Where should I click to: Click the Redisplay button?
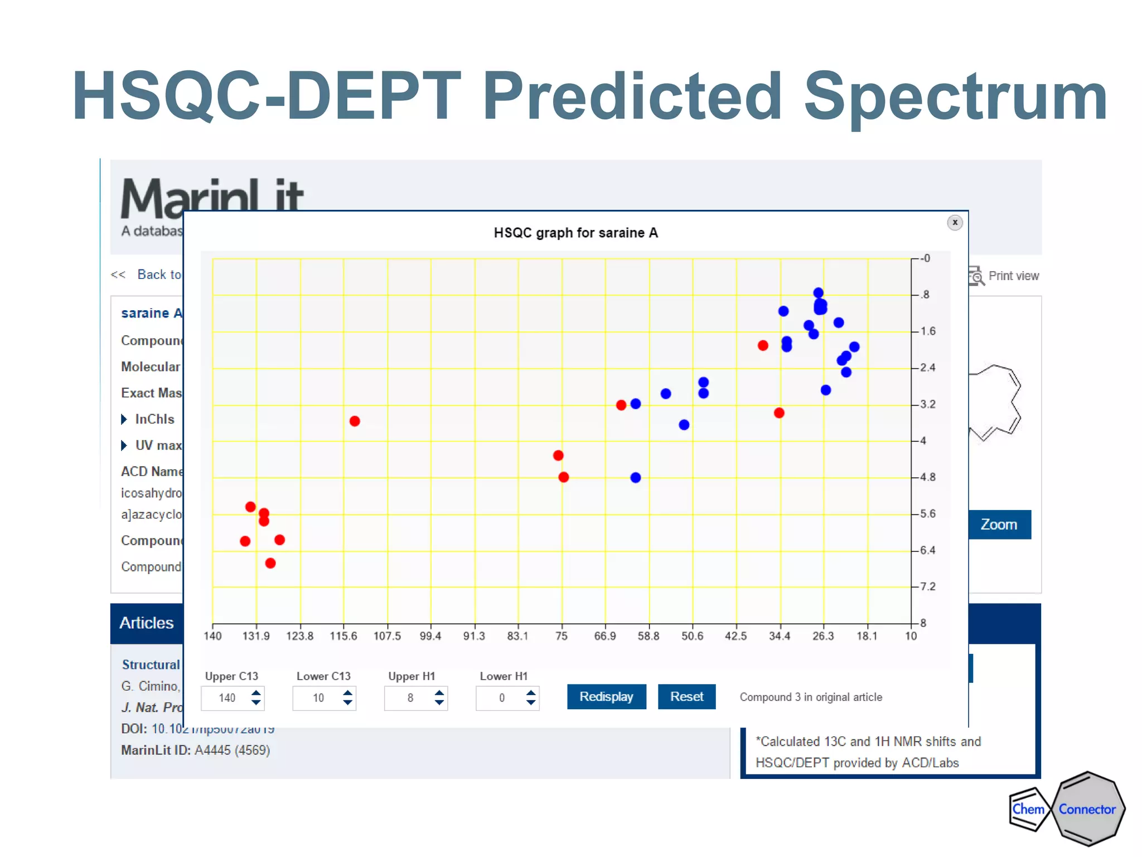point(606,696)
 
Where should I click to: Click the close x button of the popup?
point(955,223)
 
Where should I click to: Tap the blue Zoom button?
point(999,524)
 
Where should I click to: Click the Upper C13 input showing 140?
point(226,698)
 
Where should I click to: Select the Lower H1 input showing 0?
point(501,698)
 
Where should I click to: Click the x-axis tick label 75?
point(562,636)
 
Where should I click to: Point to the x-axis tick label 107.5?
point(387,636)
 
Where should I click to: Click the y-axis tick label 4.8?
point(927,477)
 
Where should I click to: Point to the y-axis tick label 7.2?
point(927,586)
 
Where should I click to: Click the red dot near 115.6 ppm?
point(355,421)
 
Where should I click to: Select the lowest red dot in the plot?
point(270,563)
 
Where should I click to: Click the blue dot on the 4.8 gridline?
point(636,478)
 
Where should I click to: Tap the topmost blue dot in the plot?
point(818,293)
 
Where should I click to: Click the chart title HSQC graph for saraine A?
point(575,233)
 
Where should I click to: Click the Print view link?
point(1013,276)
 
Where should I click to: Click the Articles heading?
point(147,623)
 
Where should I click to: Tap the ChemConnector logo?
point(1066,808)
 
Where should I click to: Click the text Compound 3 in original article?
point(811,697)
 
